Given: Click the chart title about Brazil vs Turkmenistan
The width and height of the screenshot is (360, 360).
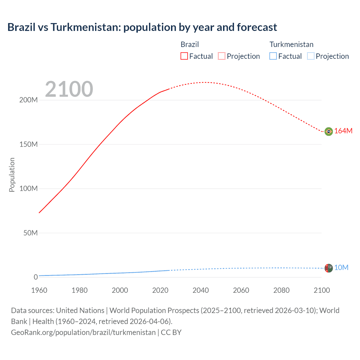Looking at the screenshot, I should pyautogui.click(x=142, y=27).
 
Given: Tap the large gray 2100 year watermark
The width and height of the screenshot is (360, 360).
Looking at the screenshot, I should pyautogui.click(x=69, y=89).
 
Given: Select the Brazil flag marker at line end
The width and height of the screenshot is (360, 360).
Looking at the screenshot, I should pyautogui.click(x=328, y=131).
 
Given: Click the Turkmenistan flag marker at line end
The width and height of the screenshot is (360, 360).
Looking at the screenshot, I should pyautogui.click(x=328, y=268).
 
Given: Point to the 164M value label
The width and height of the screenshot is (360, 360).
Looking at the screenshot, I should pyautogui.click(x=343, y=131).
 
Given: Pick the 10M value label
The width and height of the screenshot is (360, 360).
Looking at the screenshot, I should pyautogui.click(x=341, y=267).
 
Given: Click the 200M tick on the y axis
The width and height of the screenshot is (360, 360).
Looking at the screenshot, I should pyautogui.click(x=28, y=100).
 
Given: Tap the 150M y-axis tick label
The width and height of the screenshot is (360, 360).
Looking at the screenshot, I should pyautogui.click(x=28, y=144).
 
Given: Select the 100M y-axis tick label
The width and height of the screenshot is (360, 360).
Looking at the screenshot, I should pyautogui.click(x=28, y=188).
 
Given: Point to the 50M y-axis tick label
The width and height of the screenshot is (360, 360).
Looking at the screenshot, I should pyautogui.click(x=30, y=233).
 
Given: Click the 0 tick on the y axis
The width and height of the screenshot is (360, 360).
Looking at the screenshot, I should pyautogui.click(x=35, y=277).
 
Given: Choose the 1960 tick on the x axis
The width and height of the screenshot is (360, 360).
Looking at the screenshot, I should pyautogui.click(x=39, y=290).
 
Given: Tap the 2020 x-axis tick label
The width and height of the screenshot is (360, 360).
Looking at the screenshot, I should pyautogui.click(x=160, y=290).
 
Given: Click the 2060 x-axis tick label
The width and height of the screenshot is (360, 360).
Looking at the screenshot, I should pyautogui.click(x=241, y=290).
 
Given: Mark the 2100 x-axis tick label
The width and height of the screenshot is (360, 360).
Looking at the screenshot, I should pyautogui.click(x=322, y=290).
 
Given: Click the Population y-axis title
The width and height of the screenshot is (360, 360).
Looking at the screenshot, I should pyautogui.click(x=12, y=175).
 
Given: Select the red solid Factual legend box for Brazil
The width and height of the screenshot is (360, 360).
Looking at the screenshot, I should pyautogui.click(x=184, y=56).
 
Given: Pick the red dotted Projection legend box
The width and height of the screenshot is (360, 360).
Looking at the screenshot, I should pyautogui.click(x=222, y=56).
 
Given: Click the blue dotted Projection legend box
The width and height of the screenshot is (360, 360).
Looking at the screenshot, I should pyautogui.click(x=310, y=56).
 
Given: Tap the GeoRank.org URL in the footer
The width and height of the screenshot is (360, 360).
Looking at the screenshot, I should pyautogui.click(x=83, y=332).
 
